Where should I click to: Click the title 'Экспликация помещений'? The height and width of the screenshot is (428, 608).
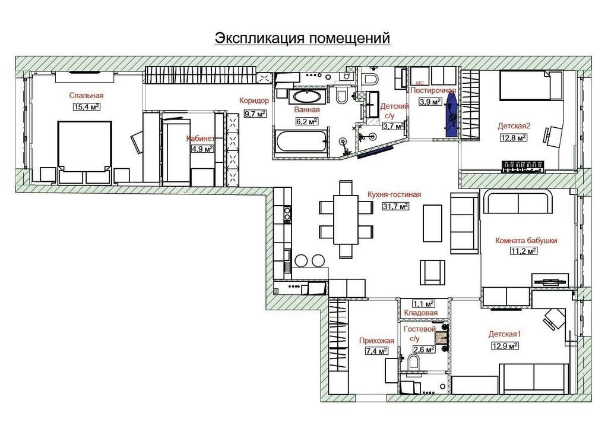tap(302, 39)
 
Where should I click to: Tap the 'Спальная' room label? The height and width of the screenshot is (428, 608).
tap(87, 96)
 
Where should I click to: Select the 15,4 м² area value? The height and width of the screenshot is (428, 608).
tap(87, 107)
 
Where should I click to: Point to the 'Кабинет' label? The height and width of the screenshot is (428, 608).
tap(200, 139)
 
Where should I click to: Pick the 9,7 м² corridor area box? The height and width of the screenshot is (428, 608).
tap(255, 114)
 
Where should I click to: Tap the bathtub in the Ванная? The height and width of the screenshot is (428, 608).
tap(301, 141)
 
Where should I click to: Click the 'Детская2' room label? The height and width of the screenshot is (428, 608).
tap(514, 126)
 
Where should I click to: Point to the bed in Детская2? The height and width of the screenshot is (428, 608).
tap(531, 85)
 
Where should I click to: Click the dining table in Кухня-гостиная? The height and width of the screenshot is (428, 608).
tap(346, 220)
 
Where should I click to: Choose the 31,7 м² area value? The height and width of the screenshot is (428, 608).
tap(396, 207)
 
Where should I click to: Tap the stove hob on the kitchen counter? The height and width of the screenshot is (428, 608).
tap(287, 215)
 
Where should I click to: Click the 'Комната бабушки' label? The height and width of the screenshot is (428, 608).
tap(526, 241)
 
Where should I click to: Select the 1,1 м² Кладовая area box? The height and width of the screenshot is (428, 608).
tap(423, 304)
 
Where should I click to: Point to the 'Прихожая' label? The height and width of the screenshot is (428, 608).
tap(376, 341)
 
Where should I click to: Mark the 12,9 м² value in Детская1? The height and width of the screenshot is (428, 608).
tap(505, 345)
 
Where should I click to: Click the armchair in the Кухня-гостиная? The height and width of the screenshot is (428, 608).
tap(433, 272)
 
